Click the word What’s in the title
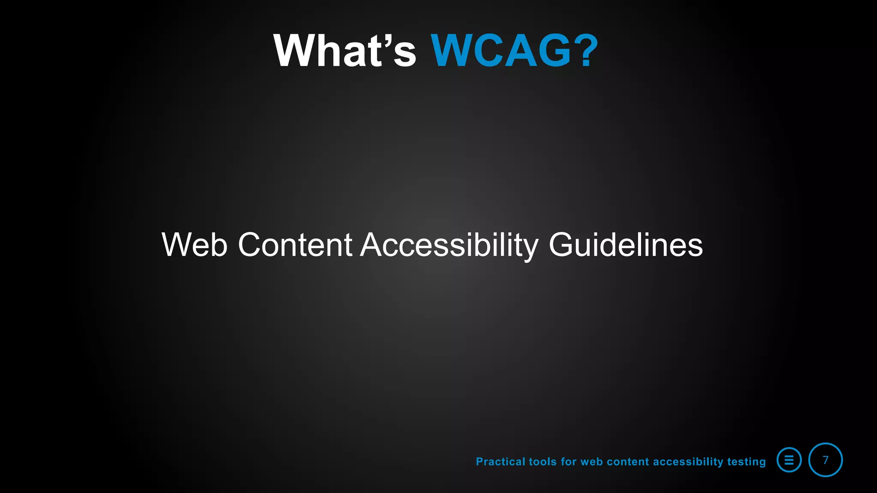coord(345,51)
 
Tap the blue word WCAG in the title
coord(501,51)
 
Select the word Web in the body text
coord(194,245)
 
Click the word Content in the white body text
coord(295,245)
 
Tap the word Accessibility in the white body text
coord(449,245)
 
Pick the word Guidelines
coord(626,245)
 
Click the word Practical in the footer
coord(501,462)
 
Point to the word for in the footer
coord(569,462)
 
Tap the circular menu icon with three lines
coord(789,460)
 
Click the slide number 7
coord(825,460)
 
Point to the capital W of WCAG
coord(453,51)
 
